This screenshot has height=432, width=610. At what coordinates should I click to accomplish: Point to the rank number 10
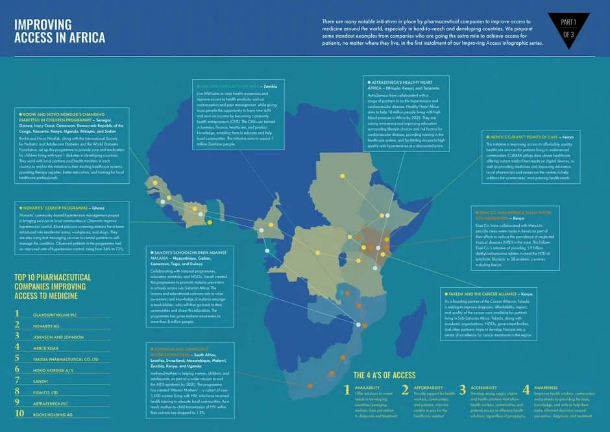(x=20, y=413)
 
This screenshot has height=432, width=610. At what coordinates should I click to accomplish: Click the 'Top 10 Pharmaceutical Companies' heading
(x=53, y=286)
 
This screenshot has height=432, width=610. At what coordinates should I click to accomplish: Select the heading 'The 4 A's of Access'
(x=384, y=375)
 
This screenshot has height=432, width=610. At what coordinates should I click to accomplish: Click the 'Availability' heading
(x=367, y=388)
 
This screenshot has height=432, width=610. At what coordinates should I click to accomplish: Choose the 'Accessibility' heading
(x=484, y=388)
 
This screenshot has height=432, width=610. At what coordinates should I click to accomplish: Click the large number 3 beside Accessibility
(x=462, y=390)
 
